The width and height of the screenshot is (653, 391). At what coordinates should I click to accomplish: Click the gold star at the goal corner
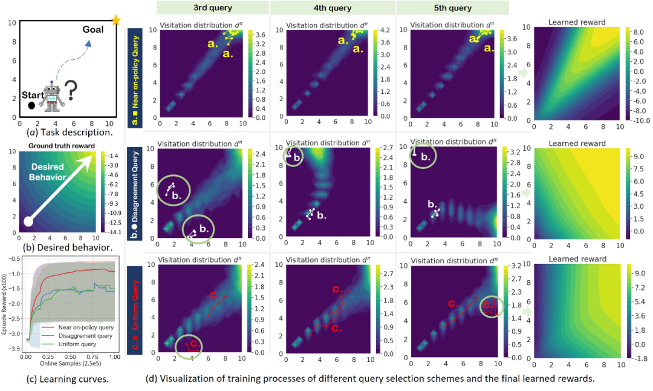click(x=115, y=21)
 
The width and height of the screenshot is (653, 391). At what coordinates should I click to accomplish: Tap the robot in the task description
click(x=53, y=97)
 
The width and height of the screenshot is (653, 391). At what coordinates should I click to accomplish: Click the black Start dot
click(x=31, y=105)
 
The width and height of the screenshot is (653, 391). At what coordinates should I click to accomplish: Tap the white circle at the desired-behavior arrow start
click(x=28, y=221)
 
